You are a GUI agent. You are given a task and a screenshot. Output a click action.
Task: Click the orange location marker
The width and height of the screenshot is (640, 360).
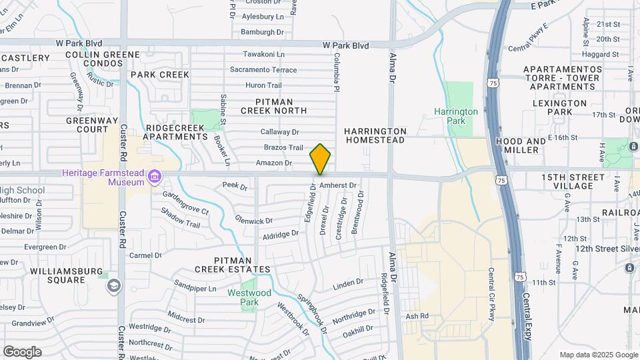pyautogui.click(x=321, y=159)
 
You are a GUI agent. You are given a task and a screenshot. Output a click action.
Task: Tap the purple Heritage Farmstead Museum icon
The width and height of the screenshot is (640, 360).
pyautogui.click(x=155, y=177)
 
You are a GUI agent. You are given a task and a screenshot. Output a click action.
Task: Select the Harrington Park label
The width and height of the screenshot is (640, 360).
pyautogui.click(x=455, y=117)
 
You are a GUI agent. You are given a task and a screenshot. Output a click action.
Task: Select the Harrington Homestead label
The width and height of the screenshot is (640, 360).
pyautogui.click(x=375, y=135)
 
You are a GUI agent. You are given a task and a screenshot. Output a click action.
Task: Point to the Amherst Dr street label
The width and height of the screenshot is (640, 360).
pyautogui.click(x=339, y=185)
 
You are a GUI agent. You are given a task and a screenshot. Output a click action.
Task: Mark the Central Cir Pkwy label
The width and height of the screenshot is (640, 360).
pyautogui.click(x=491, y=294)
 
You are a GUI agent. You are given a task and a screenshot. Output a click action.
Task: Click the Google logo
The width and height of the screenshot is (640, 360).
pyautogui.click(x=22, y=351)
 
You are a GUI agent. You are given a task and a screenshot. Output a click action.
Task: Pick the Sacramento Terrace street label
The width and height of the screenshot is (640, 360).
pyautogui.click(x=263, y=69)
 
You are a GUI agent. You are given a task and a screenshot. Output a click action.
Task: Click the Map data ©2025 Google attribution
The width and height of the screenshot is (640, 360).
pyautogui.click(x=598, y=355)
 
